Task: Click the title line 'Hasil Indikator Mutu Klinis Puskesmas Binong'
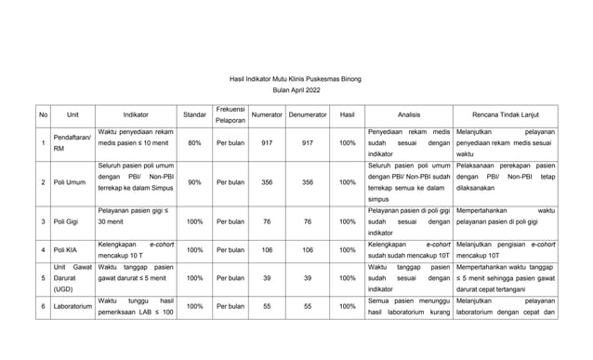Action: point(296,80)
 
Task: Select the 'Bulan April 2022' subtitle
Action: point(296,92)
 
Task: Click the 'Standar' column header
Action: point(195,115)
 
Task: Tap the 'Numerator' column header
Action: point(268,115)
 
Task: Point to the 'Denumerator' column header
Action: point(308,115)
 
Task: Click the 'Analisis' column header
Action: point(409,115)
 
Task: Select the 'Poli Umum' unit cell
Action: point(69,182)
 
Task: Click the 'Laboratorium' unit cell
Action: point(72,305)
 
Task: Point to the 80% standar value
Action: point(195,143)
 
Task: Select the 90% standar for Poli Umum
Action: point(195,182)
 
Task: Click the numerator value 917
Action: point(268,143)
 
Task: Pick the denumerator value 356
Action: point(308,182)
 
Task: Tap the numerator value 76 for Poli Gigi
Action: point(268,222)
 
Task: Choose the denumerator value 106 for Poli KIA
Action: point(308,250)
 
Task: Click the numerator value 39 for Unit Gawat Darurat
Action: point(268,278)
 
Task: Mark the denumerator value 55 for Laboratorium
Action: point(308,305)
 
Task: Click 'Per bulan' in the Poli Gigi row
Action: point(230,222)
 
